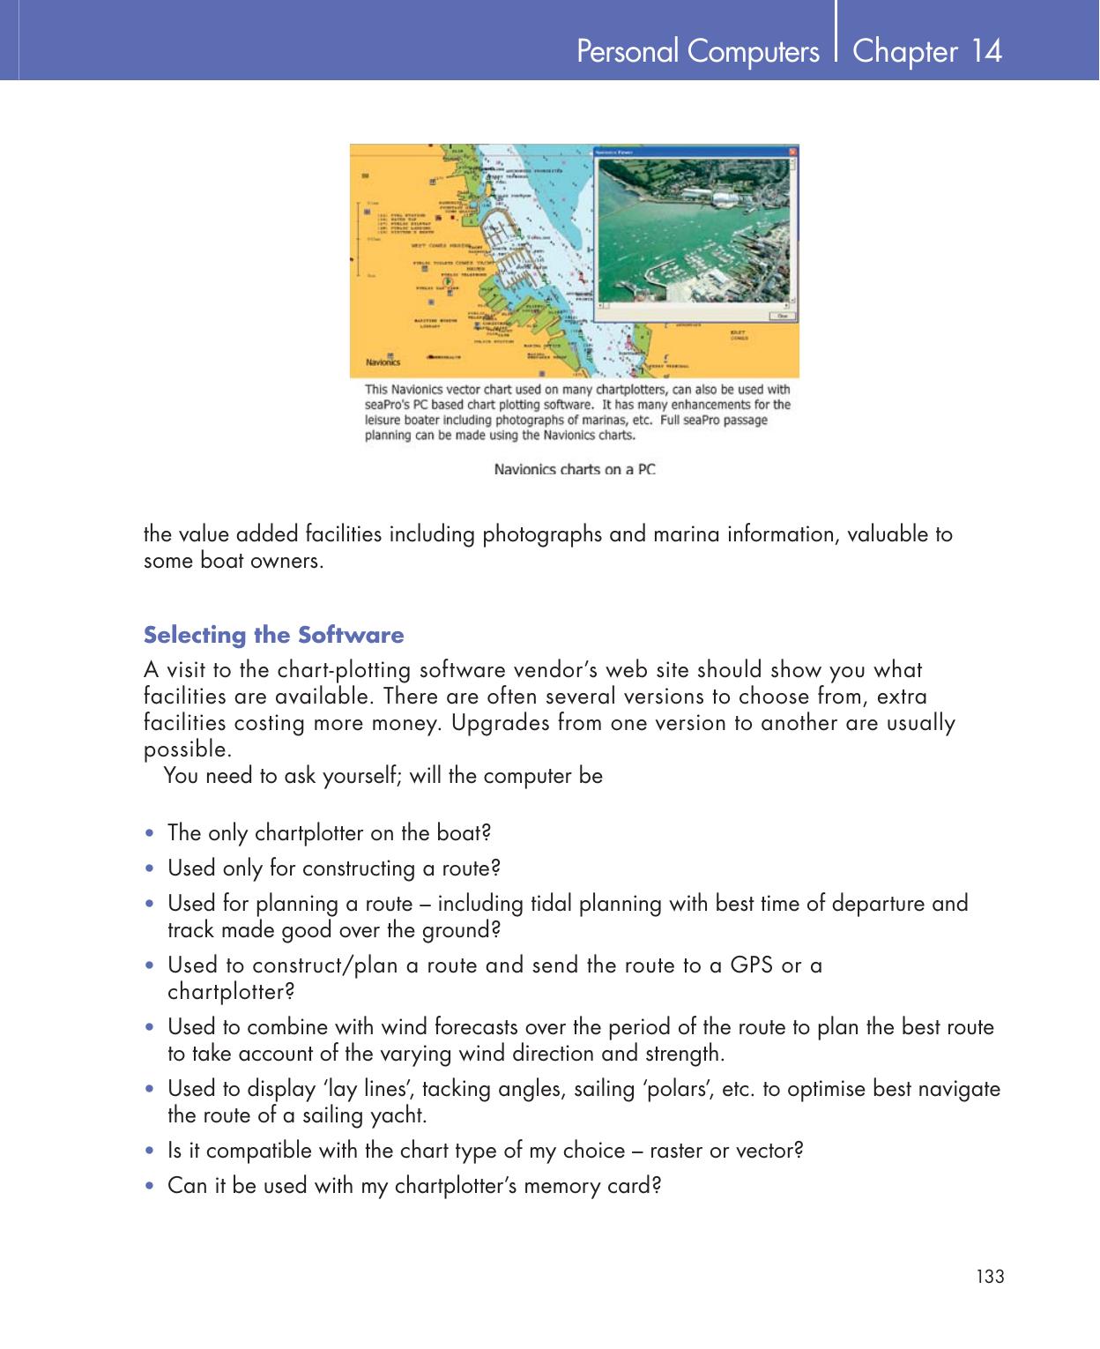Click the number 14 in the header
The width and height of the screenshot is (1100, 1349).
point(986,51)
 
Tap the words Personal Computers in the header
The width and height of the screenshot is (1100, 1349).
point(697,52)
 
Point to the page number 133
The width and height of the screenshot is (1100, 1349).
point(990,1277)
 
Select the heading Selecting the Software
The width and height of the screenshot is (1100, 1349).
point(273,635)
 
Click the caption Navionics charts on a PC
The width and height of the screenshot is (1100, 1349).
point(575,469)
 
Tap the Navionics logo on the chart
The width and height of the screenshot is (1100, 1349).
point(383,361)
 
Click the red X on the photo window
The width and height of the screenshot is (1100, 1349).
point(792,153)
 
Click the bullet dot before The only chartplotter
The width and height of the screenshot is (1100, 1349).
point(152,834)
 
